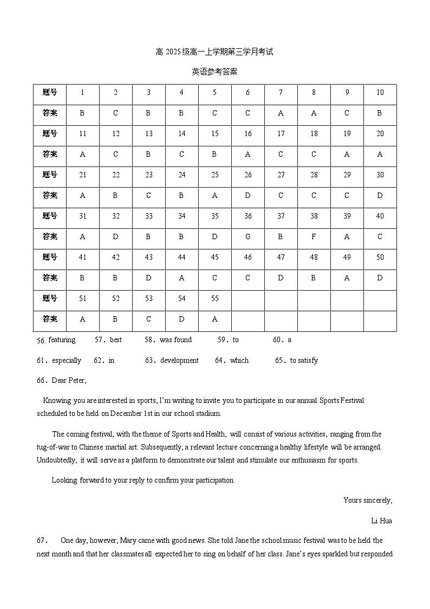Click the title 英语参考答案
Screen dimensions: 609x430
tap(214, 72)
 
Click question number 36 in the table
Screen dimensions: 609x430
tap(247, 216)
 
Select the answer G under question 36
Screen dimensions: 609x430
tap(247, 236)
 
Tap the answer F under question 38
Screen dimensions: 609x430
tap(314, 236)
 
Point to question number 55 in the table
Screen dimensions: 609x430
tap(214, 298)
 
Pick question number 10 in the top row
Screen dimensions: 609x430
tap(380, 92)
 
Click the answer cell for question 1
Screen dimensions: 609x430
tap(82, 113)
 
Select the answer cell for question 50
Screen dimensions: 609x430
tap(380, 278)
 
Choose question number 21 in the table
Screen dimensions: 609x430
tap(82, 175)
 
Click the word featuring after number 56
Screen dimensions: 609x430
tap(62, 340)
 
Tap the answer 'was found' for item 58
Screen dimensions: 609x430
tap(175, 340)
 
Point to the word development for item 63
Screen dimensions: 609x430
tap(179, 361)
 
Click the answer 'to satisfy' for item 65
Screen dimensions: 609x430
tap(304, 361)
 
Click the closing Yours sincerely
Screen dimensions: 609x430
tap(368, 500)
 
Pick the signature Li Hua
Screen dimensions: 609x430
tap(381, 521)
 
